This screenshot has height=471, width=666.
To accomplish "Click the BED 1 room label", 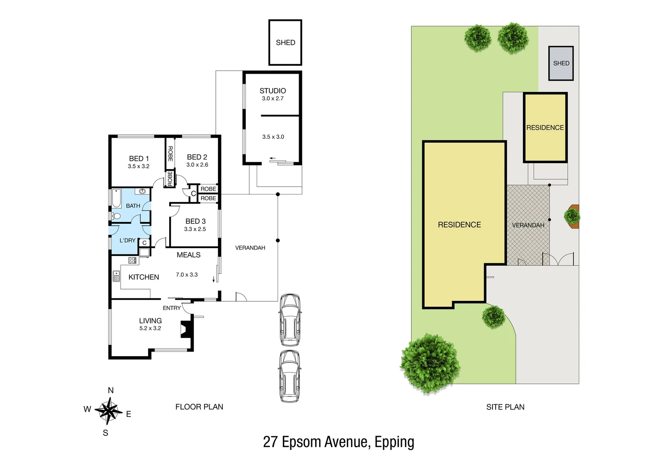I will click(139, 159).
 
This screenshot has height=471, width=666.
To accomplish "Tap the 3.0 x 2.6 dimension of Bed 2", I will click(197, 165).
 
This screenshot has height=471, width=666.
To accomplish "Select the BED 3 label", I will click(195, 222).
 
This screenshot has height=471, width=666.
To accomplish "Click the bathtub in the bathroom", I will click(117, 198).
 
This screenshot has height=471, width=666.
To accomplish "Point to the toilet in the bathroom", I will click(116, 216).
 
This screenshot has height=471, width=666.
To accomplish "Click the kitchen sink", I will click(116, 276).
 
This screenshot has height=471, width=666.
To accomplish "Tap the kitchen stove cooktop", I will click(133, 260).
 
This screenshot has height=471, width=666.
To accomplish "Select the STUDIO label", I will click(272, 91).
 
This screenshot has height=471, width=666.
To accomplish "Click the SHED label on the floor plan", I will click(285, 43).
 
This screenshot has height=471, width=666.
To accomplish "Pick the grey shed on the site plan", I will click(561, 63).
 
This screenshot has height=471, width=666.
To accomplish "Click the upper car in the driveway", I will click(289, 320).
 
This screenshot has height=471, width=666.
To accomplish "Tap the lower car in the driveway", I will click(289, 376).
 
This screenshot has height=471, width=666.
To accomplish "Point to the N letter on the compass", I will click(111, 390).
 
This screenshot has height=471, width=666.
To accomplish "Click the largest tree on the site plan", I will click(430, 363).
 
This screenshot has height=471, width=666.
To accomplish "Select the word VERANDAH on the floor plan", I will click(250, 248).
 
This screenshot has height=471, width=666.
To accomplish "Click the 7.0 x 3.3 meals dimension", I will click(187, 275).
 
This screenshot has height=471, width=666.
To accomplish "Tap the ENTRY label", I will click(172, 308).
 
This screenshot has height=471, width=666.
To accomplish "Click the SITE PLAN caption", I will click(505, 407).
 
